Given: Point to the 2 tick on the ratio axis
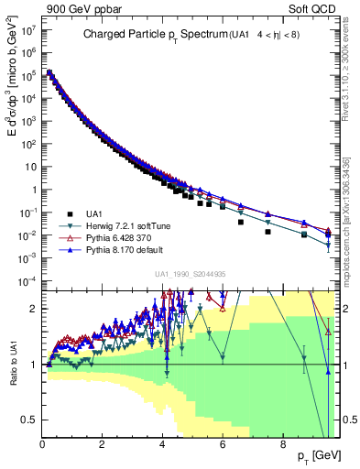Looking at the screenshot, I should tap(33, 309).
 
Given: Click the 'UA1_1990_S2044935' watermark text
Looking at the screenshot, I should tap(191, 274).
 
